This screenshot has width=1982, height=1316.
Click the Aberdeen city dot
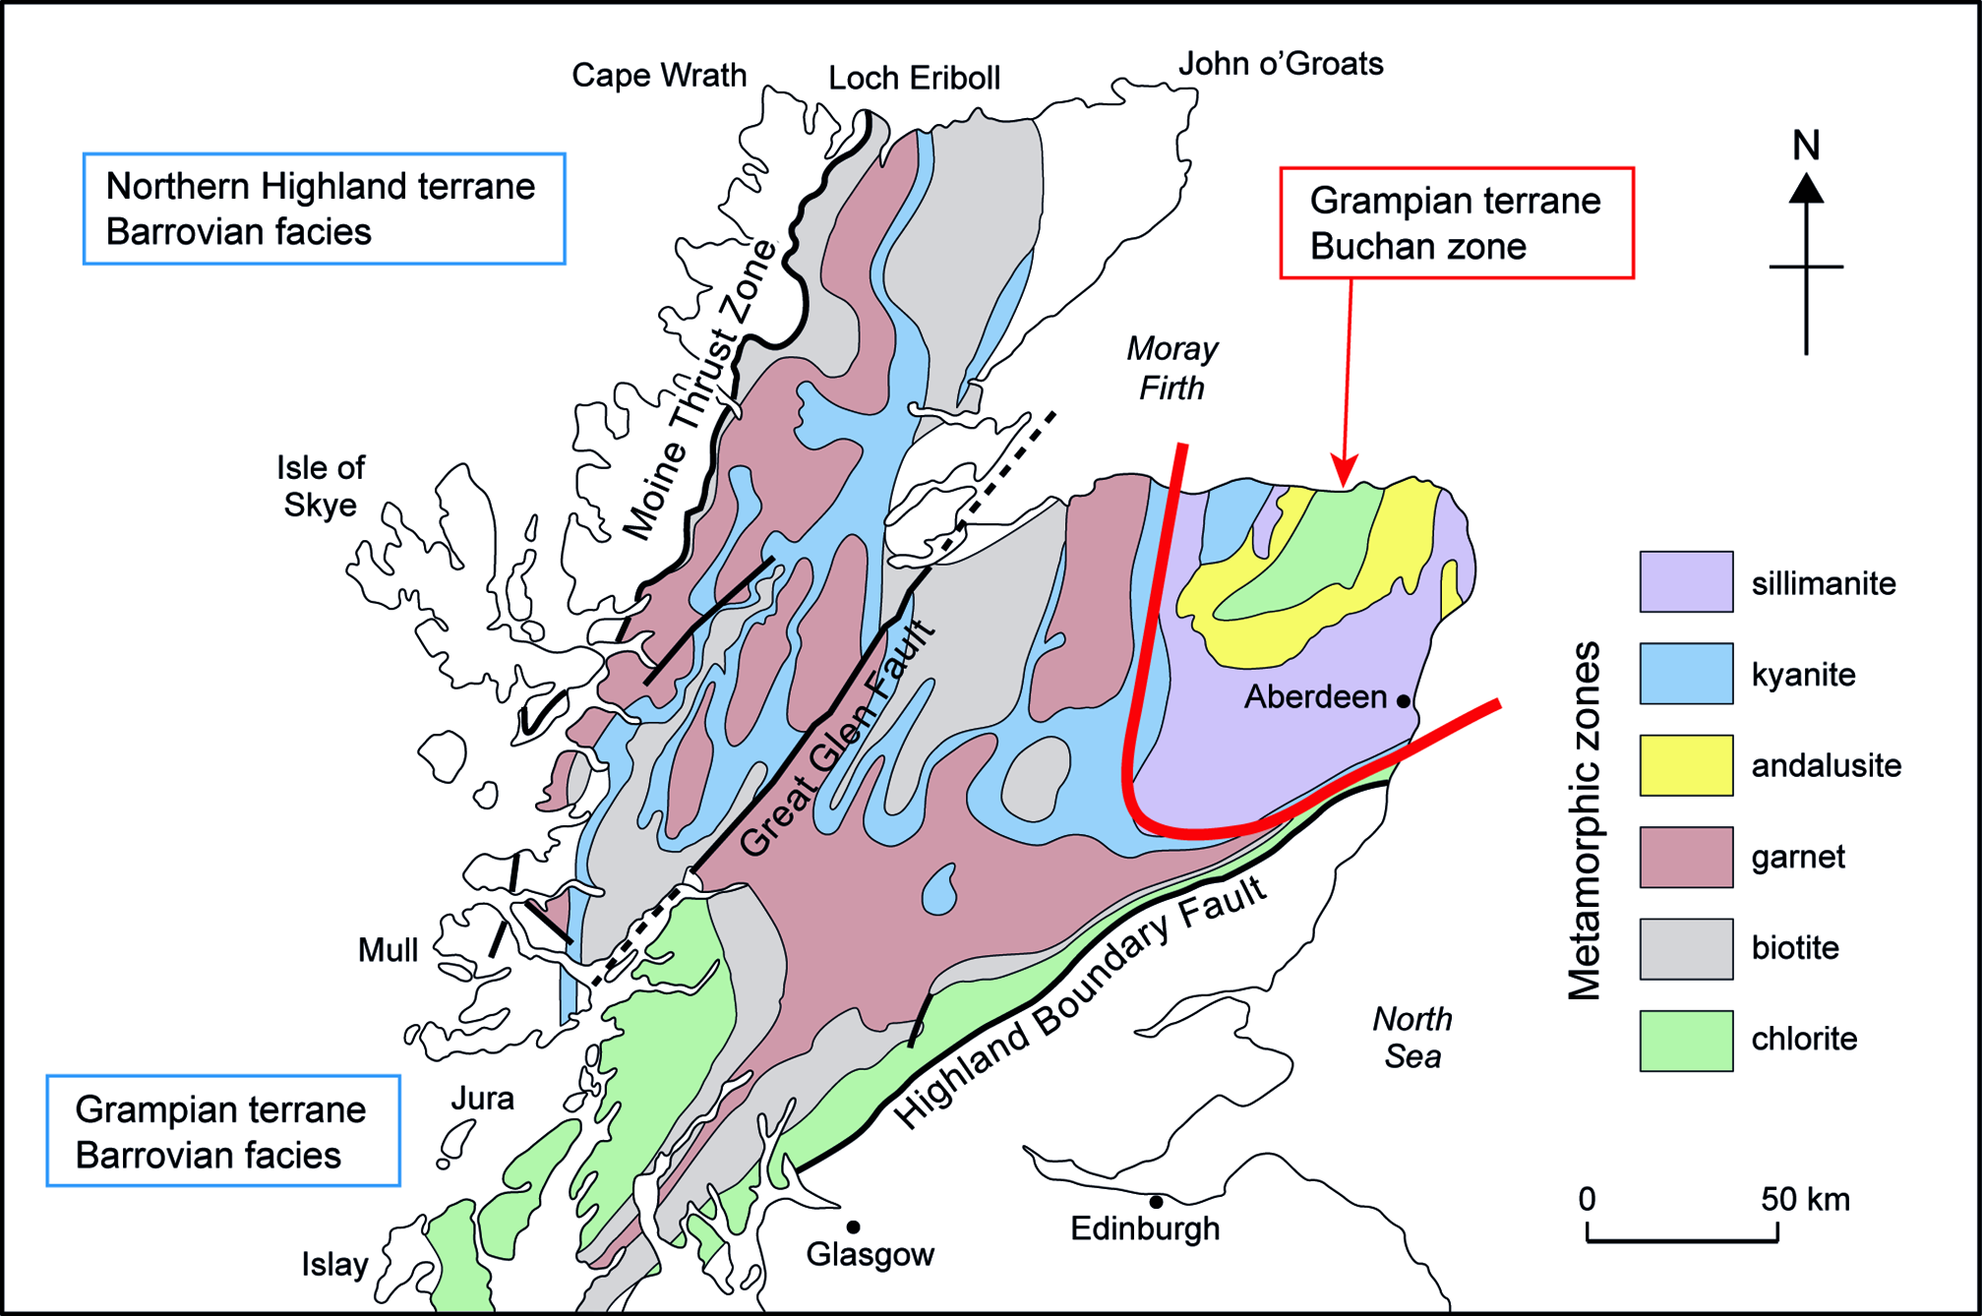1404,700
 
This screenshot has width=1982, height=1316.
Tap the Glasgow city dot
853,1226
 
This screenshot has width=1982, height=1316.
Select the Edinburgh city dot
1156,1202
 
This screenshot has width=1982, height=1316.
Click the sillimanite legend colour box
1686,581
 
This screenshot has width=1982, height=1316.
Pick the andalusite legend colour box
1686,765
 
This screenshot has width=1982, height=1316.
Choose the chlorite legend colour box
1686,1040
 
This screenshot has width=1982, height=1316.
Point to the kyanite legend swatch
1686,674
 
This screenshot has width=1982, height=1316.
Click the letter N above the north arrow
1806,146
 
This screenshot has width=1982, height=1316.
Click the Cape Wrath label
659,75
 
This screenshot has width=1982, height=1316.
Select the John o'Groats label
1281,63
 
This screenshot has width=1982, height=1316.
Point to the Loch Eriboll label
914,78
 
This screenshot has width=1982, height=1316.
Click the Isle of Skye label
321,486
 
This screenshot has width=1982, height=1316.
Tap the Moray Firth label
1171,368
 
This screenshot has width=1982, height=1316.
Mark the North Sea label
1412,1037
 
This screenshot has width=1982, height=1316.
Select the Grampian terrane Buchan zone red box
1456,223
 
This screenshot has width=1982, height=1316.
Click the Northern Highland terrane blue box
324,209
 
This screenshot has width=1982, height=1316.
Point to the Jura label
482,1098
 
